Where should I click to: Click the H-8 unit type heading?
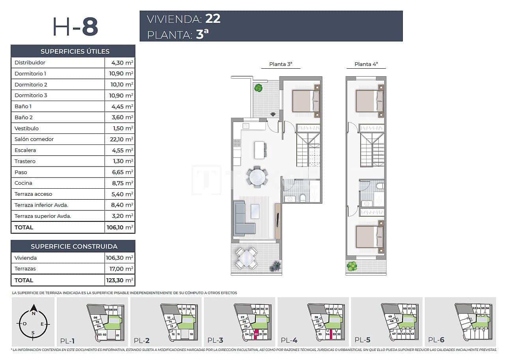click(75, 26)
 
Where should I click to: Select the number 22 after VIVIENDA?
click(213, 19)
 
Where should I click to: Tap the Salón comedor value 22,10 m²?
click(120, 139)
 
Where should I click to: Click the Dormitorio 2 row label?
click(31, 84)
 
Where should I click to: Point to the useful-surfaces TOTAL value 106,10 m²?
click(120, 227)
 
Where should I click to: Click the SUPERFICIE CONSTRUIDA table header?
click(74, 246)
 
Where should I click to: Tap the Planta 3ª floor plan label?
click(281, 64)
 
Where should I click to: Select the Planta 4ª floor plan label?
click(366, 64)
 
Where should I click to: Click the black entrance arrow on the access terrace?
click(273, 114)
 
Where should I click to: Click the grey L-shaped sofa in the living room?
click(242, 219)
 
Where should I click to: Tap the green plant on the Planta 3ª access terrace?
click(258, 88)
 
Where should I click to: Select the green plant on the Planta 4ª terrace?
click(352, 266)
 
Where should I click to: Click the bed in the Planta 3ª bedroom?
click(305, 101)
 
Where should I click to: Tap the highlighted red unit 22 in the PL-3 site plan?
click(256, 334)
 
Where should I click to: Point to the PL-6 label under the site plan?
click(437, 340)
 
